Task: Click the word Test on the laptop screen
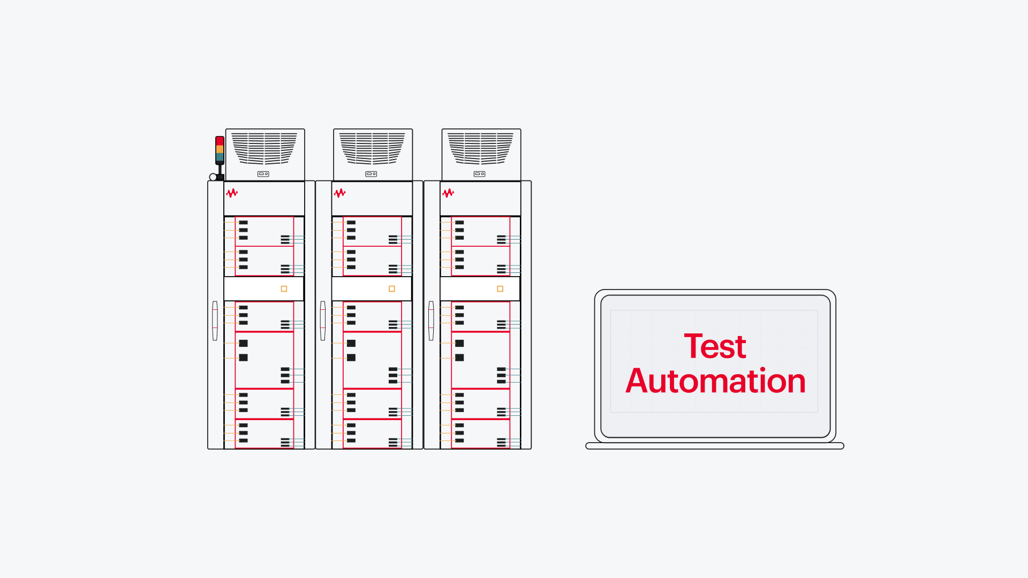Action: tap(715, 346)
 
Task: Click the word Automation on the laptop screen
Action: tap(715, 381)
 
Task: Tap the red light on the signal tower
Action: tap(220, 141)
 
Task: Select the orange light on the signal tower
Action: tap(220, 149)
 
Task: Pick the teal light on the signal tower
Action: tap(220, 157)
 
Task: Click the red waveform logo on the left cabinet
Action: tap(232, 193)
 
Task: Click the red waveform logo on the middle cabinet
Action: tap(340, 193)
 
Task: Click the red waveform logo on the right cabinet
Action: tap(448, 193)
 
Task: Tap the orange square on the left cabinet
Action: tap(284, 289)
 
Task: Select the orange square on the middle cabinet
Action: tap(392, 289)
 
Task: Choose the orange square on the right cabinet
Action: tap(500, 289)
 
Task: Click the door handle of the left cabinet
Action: tap(215, 321)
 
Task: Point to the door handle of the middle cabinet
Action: tap(323, 321)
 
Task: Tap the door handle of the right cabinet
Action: tap(431, 321)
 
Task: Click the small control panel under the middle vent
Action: tap(371, 174)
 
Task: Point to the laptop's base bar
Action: tap(715, 446)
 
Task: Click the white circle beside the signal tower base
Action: tap(213, 177)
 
